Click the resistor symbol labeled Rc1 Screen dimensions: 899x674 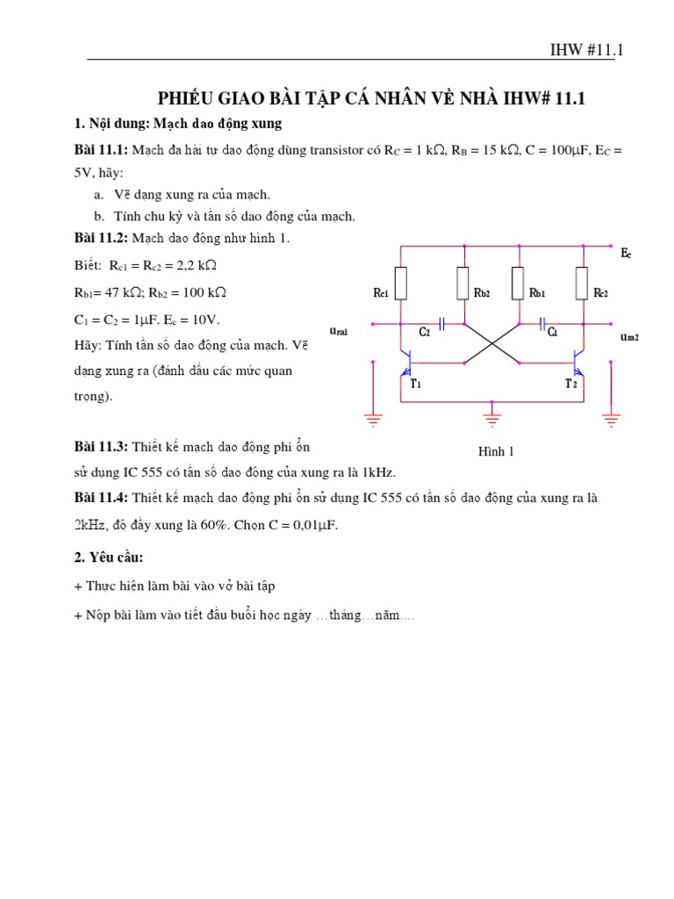click(x=400, y=283)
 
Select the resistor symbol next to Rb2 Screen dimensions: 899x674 click(x=462, y=283)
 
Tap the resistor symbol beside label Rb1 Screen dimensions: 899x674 click(x=518, y=283)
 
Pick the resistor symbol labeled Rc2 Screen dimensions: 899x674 click(x=581, y=283)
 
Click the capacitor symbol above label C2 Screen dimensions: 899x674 click(x=441, y=324)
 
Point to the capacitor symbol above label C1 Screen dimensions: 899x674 click(x=543, y=324)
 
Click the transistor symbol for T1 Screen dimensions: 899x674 click(x=406, y=359)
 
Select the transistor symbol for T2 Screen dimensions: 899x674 click(x=576, y=359)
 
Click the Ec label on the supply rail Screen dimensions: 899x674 click(x=626, y=254)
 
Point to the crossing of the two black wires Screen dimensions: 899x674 click(x=492, y=342)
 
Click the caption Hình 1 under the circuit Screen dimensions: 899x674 click(x=495, y=451)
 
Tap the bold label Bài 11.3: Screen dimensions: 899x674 click(x=102, y=448)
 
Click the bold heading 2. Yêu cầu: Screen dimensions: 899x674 click(x=109, y=558)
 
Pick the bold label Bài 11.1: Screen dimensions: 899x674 click(x=102, y=150)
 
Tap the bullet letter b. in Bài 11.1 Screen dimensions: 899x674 click(x=97, y=216)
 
